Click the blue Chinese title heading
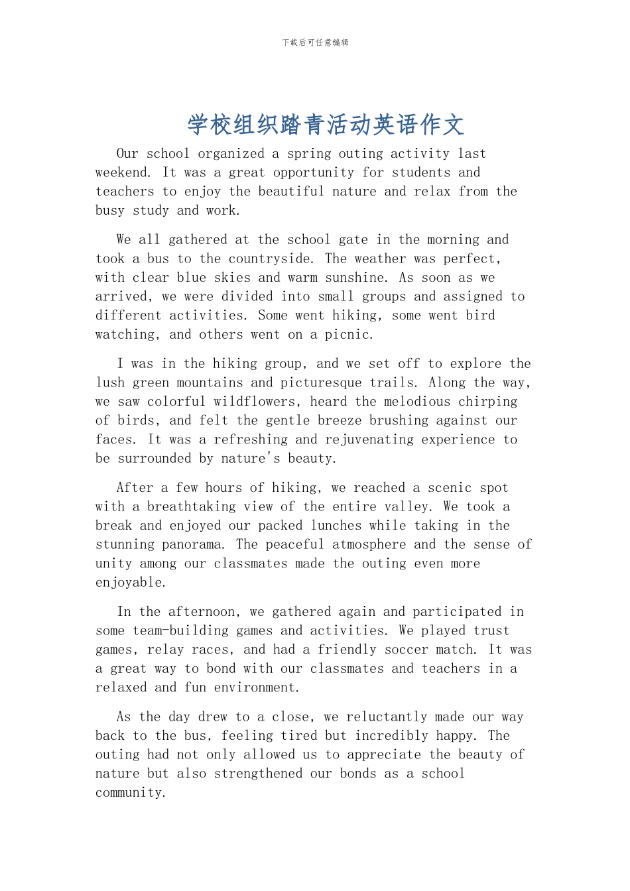pyautogui.click(x=326, y=125)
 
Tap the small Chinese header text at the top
pyautogui.click(x=315, y=42)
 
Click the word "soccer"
pyautogui.click(x=406, y=650)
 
